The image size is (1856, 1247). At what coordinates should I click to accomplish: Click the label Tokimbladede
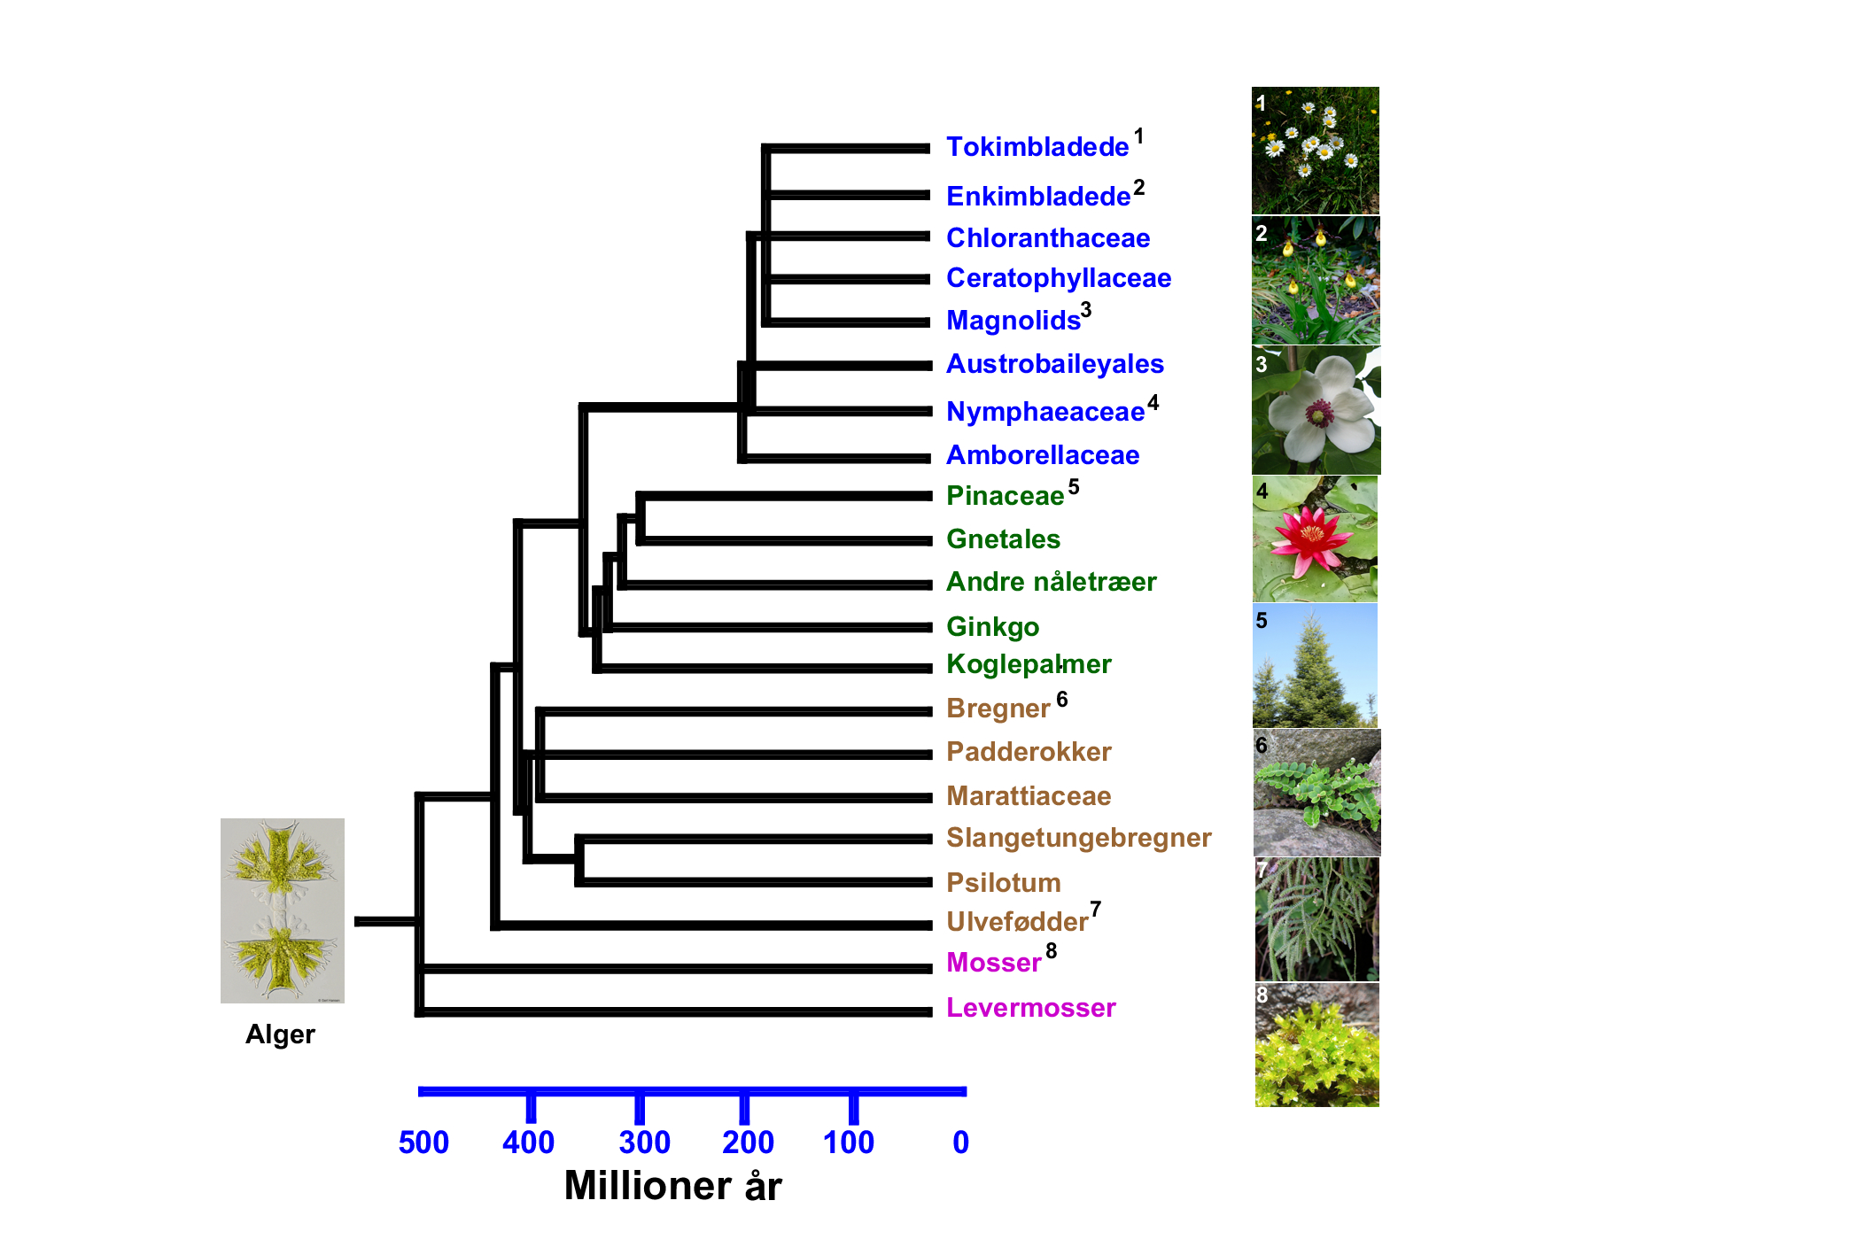[x=1037, y=147]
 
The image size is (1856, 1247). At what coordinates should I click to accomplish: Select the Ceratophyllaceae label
[x=1058, y=278]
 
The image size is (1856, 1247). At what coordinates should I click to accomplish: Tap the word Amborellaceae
[x=1042, y=455]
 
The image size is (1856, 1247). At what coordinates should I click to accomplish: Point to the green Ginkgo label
[x=992, y=627]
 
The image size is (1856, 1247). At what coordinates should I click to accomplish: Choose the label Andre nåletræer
[x=1051, y=582]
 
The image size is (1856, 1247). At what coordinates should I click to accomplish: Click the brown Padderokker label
[x=1028, y=752]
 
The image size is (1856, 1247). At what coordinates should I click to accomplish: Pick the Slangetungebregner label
[x=1078, y=838]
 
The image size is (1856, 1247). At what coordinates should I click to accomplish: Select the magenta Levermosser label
[x=1030, y=1008]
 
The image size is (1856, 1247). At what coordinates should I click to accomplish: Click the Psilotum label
[x=1003, y=883]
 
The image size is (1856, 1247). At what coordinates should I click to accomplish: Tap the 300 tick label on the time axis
[x=644, y=1142]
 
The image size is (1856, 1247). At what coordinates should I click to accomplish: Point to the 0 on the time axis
[x=960, y=1142]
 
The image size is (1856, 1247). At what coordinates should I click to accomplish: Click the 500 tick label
[x=423, y=1142]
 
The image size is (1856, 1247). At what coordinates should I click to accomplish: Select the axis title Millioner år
[x=672, y=1186]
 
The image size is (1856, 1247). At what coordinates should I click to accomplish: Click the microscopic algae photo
[x=282, y=910]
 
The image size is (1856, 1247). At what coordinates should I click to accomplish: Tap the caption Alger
[x=280, y=1034]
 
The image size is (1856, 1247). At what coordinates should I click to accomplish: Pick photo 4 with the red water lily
[x=1315, y=539]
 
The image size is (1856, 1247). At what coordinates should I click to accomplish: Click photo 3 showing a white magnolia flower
[x=1316, y=410]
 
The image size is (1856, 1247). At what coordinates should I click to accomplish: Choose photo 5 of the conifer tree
[x=1315, y=666]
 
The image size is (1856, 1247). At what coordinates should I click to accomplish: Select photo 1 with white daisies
[x=1315, y=151]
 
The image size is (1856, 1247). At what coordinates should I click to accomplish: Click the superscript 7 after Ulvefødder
[x=1096, y=910]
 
